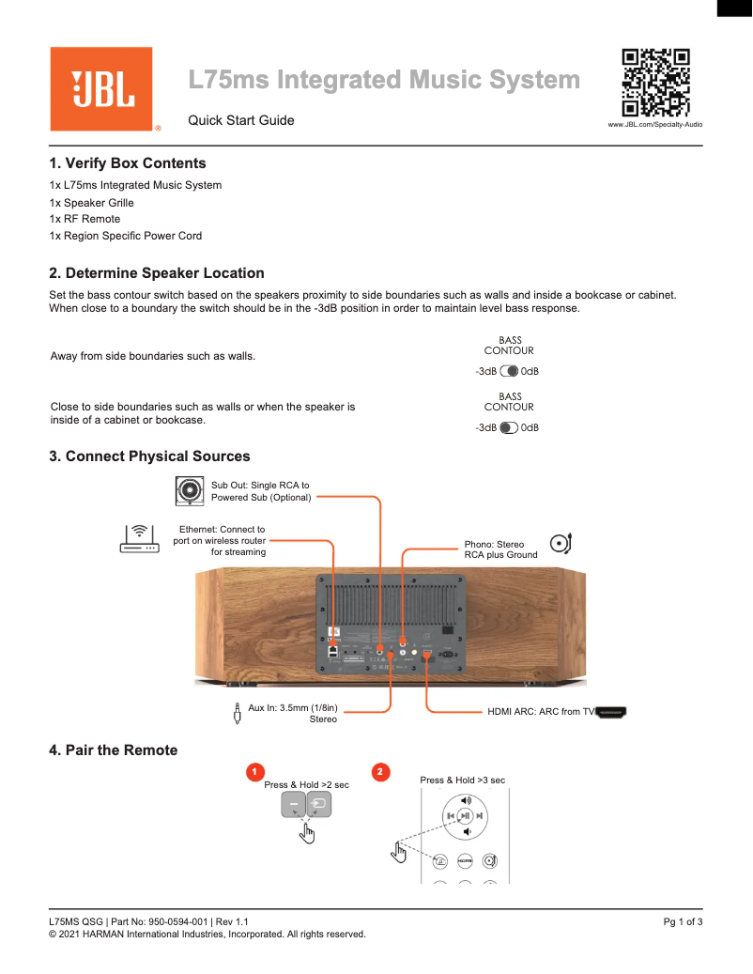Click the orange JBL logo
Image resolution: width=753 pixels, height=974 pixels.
101,89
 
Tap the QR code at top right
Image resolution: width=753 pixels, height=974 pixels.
656,82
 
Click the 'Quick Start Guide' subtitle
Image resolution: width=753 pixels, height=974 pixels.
241,120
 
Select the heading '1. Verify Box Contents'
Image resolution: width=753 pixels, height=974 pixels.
128,163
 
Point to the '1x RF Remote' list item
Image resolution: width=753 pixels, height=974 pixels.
85,219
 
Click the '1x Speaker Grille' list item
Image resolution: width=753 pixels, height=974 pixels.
92,203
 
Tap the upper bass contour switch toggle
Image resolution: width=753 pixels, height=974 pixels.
510,371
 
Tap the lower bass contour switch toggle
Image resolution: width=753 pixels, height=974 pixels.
509,427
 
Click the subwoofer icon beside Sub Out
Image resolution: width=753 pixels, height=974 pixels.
191,489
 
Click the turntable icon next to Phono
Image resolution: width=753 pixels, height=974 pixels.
561,543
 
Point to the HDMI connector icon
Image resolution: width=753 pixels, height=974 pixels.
611,712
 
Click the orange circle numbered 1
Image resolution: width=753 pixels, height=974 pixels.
253,772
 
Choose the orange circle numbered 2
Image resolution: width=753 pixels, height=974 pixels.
380,772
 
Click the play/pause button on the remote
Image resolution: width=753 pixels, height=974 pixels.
465,816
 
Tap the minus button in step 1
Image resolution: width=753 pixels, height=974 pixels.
293,805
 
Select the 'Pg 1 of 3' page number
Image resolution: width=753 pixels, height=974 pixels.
683,922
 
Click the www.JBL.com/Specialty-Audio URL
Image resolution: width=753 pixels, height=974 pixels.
655,124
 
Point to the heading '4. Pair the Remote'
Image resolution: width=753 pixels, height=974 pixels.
114,750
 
